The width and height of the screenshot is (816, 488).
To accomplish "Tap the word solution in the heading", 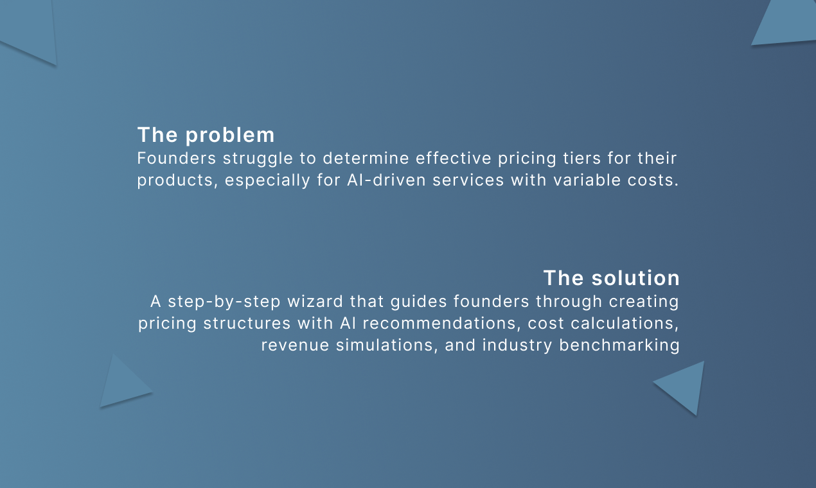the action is (635, 278).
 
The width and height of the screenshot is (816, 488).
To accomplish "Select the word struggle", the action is (258, 159).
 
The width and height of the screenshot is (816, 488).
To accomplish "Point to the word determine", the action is (366, 158).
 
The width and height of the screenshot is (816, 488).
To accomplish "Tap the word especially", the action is (267, 181).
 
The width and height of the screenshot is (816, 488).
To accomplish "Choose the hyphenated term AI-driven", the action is (386, 180).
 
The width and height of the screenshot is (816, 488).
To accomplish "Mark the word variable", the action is (587, 180).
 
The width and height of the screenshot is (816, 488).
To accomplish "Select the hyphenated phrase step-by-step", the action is (224, 302).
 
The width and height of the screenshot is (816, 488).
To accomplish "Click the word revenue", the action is (295, 345).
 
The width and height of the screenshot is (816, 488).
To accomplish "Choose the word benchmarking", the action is (619, 346).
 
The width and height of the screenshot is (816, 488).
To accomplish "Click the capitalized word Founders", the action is (177, 158).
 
